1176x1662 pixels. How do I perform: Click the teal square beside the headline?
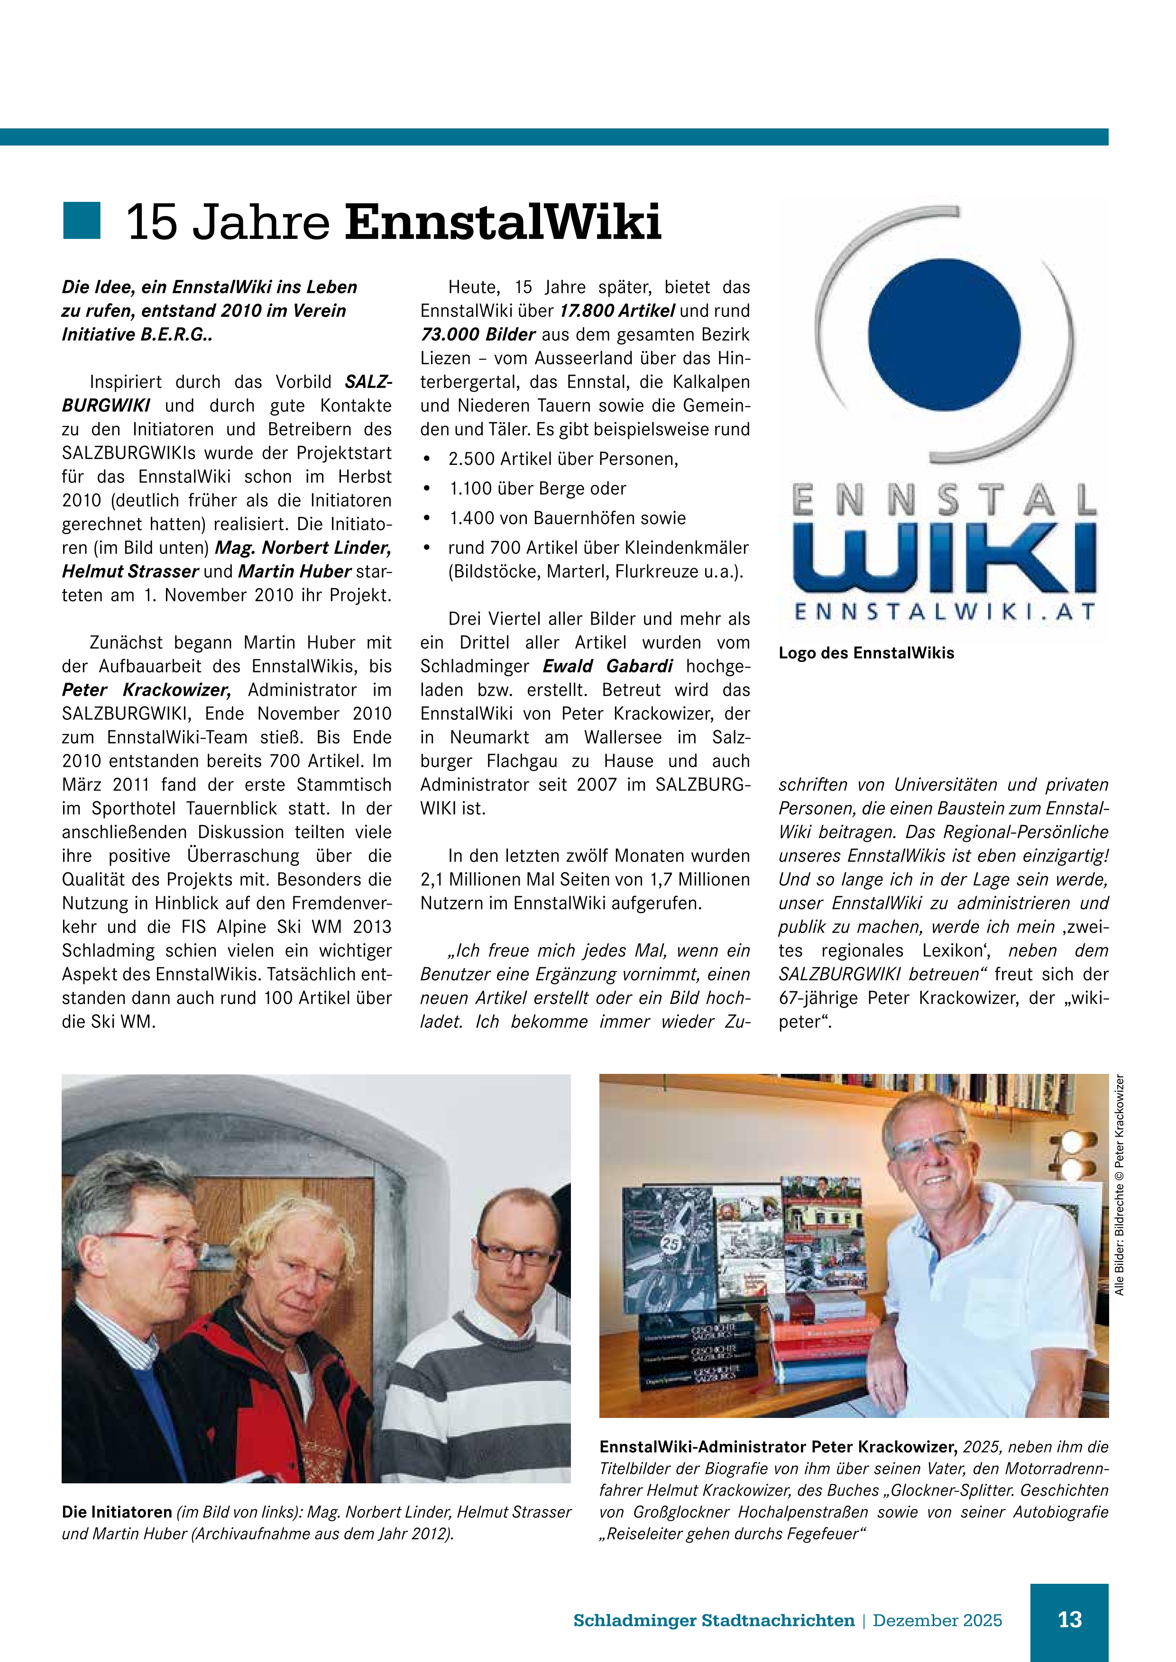tap(81, 221)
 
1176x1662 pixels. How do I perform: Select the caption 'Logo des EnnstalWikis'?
tap(866, 653)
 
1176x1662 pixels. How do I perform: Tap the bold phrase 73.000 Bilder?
tap(478, 335)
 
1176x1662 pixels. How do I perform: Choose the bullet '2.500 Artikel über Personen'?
tap(563, 459)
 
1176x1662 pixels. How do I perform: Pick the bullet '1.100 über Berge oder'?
tap(537, 489)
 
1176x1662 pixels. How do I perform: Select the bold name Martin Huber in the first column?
tap(294, 571)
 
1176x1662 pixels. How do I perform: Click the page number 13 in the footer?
tap(1070, 1620)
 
